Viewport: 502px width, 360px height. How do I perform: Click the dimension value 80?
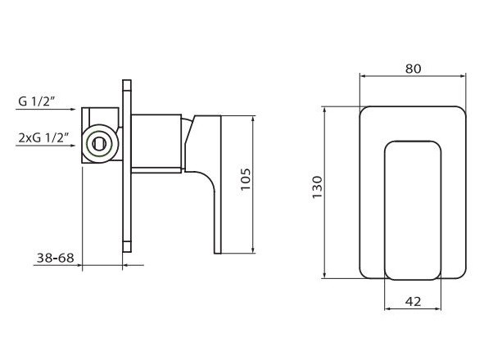point(413,69)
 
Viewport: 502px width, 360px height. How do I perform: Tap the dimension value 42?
point(413,301)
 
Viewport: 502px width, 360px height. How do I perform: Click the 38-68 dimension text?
point(55,258)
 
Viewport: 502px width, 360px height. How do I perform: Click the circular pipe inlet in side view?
point(98,142)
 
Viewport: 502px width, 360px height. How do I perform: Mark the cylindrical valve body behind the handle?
point(156,144)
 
